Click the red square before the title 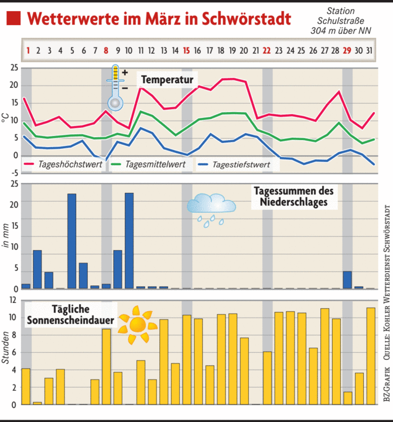pos(14,18)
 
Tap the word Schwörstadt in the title pos(247,18)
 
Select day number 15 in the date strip pos(186,50)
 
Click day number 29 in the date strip pos(347,50)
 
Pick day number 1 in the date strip pos(27,50)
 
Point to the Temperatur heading pos(167,78)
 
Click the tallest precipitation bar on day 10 pos(129,240)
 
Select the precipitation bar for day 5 pos(71,241)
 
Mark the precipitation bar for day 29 pos(347,280)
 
